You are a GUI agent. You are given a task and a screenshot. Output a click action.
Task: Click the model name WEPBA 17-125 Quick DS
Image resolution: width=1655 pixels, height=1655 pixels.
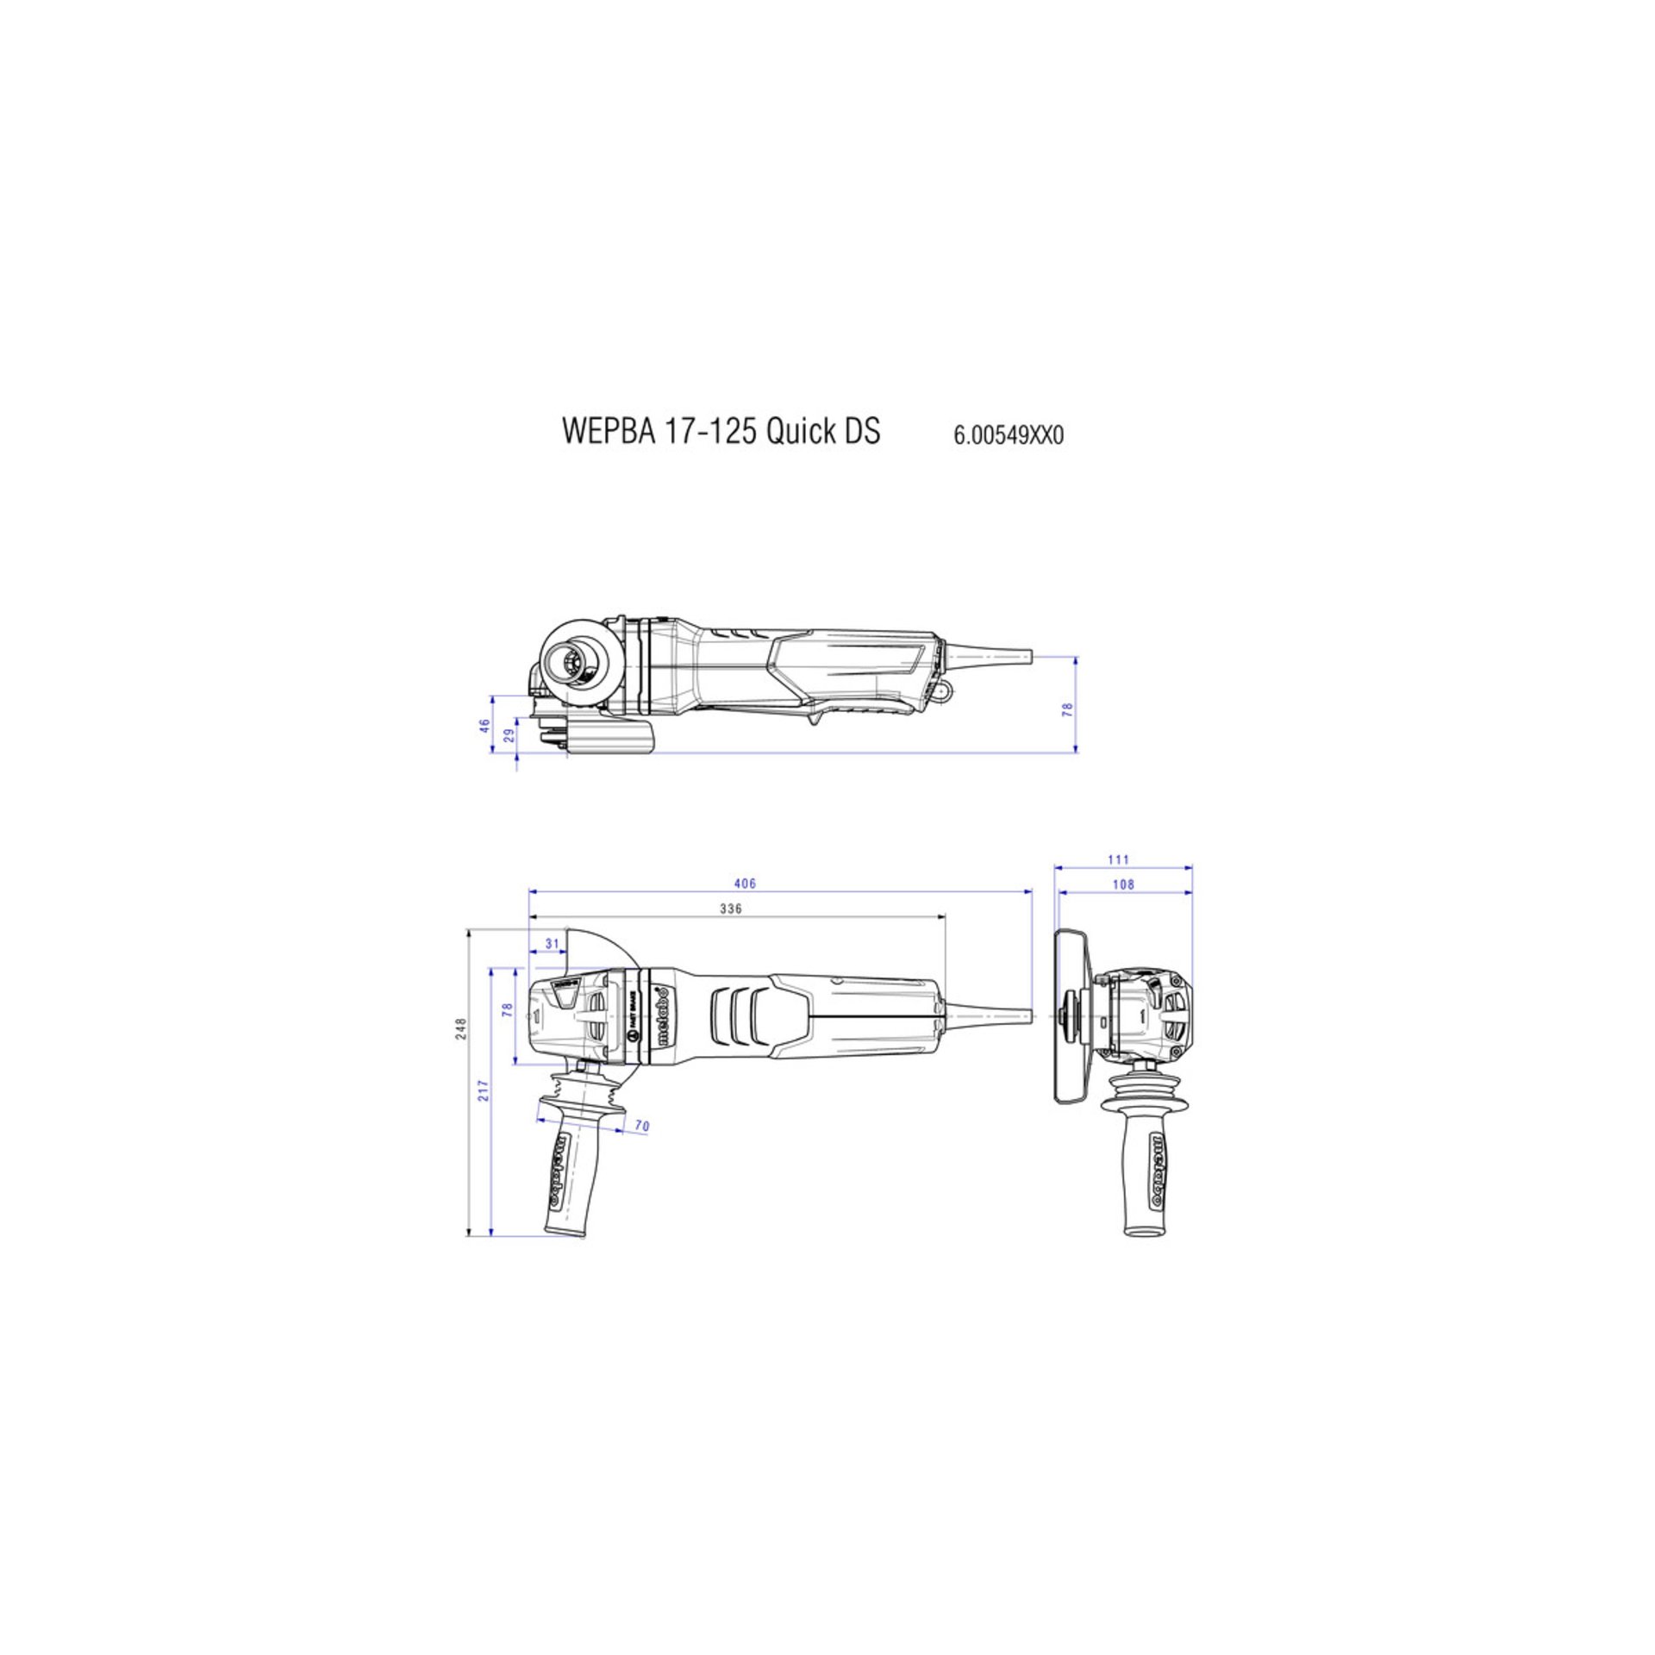click(721, 432)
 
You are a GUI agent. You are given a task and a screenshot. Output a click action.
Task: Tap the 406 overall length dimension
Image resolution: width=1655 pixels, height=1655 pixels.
click(745, 884)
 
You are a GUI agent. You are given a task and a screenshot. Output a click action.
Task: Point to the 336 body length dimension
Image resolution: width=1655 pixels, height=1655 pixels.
click(731, 909)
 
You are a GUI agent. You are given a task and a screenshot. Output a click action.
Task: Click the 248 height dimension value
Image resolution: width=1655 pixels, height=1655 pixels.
click(461, 1027)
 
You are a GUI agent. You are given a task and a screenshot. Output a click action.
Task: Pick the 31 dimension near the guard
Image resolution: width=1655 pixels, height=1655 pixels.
click(552, 944)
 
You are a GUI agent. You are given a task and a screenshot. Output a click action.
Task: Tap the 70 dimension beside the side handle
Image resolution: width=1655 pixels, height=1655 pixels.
click(641, 1126)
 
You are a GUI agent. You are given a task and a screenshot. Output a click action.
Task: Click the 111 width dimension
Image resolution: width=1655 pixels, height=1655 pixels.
click(1118, 859)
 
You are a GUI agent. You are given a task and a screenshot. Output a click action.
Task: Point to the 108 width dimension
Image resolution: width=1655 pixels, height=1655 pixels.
click(1123, 884)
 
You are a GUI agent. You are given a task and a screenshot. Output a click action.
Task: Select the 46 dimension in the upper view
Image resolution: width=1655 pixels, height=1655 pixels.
click(484, 726)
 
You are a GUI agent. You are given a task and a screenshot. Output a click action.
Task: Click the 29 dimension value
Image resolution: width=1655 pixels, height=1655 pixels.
click(509, 735)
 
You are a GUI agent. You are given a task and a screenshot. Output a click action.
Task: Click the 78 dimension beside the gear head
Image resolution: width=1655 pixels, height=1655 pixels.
click(508, 1010)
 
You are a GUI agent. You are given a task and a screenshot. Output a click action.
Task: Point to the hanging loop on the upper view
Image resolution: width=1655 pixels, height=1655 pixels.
click(946, 690)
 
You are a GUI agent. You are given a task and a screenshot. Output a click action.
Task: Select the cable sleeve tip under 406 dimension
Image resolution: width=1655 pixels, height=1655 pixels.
click(1021, 1015)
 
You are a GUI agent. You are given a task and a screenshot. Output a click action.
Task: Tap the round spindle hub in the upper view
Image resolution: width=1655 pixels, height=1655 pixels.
click(571, 661)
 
